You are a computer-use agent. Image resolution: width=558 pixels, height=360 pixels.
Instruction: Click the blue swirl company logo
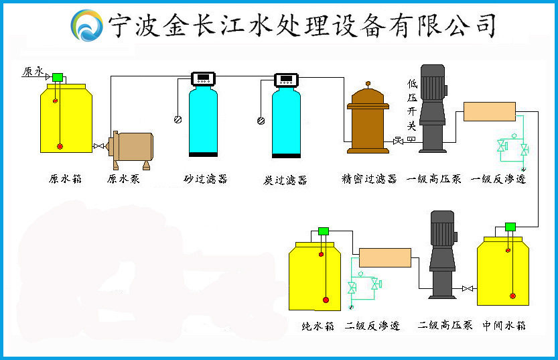tap(87, 25)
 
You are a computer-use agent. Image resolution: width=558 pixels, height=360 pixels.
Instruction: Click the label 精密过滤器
tap(369, 179)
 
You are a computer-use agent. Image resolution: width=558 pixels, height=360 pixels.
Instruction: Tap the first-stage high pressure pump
tap(431, 111)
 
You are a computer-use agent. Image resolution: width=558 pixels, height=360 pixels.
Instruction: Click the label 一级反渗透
tap(499, 179)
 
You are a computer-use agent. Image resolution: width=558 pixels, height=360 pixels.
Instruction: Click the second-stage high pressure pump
tap(443, 255)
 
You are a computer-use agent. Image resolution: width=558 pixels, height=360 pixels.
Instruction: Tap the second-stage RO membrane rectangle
tap(385, 257)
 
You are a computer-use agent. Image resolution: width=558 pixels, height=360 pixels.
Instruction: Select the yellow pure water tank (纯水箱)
tap(315, 275)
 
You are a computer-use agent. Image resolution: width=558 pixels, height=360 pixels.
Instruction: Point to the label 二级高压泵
tap(445, 326)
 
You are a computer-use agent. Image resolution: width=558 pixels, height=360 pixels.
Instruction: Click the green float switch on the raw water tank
tap(58, 77)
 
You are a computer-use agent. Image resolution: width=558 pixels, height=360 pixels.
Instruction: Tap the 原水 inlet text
tap(33, 71)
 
